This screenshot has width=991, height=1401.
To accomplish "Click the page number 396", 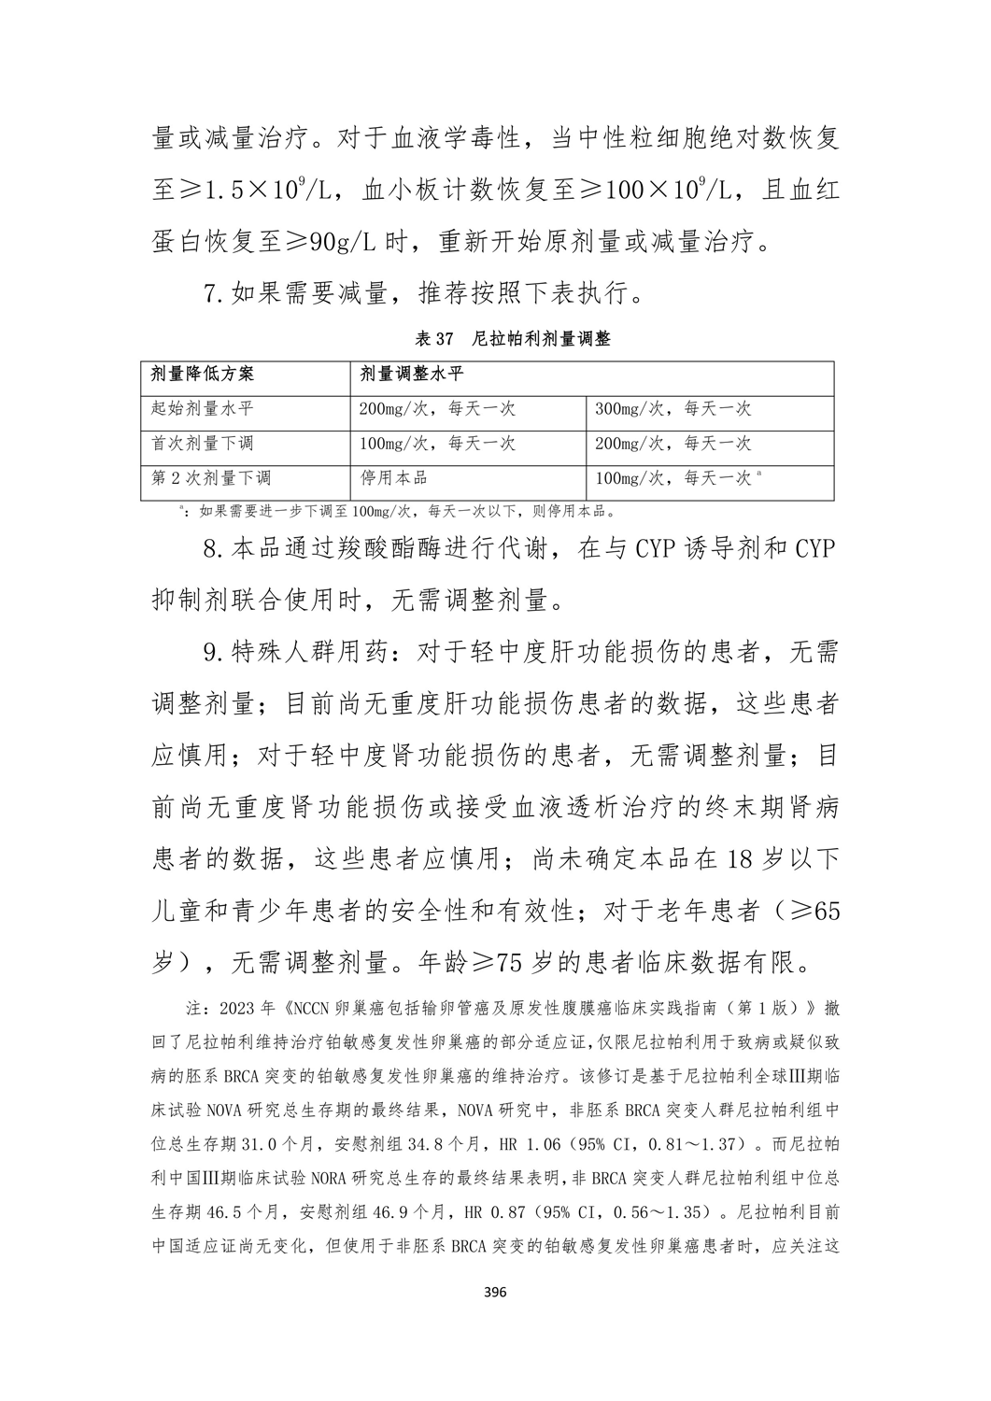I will (495, 1293).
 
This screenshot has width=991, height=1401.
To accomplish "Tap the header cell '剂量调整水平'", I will (411, 375).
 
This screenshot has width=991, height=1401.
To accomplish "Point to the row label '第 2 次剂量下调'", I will (211, 477).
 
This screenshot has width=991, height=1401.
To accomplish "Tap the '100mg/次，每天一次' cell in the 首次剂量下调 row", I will (437, 443).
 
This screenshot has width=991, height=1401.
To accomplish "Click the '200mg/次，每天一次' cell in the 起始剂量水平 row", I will (437, 409).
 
